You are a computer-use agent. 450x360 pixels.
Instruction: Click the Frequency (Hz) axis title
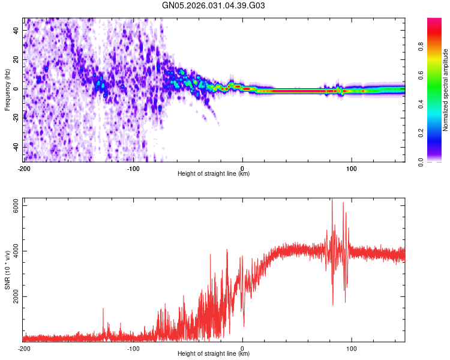point(7,89)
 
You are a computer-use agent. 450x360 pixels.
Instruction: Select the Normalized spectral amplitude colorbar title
point(446,90)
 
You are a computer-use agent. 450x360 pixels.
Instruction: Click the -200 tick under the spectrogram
point(23,168)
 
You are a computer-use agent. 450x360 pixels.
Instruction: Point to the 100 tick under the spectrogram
point(352,168)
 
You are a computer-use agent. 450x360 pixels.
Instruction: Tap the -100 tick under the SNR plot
point(133,348)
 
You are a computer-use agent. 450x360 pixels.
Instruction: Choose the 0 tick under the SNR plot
point(242,348)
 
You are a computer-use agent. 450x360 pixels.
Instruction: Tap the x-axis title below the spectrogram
point(214,174)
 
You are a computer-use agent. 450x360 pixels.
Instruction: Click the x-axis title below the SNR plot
point(214,354)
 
